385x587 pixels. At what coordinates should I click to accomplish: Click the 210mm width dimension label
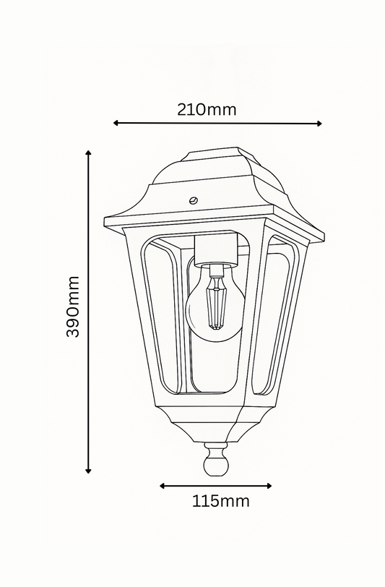[207, 110]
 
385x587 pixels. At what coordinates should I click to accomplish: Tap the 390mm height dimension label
[73, 307]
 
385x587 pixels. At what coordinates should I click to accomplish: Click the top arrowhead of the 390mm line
[88, 154]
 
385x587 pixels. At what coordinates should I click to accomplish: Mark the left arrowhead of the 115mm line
[163, 486]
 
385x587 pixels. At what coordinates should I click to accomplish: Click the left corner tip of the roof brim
[106, 221]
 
